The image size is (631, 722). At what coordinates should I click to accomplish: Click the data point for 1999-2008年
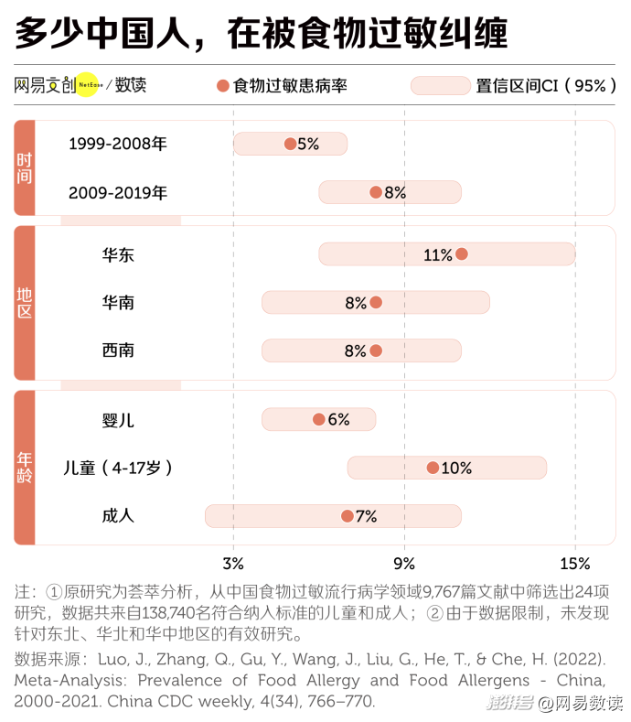(290, 144)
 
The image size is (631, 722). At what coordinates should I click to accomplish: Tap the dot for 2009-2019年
(376, 192)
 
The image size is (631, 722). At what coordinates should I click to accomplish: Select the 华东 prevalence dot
(462, 254)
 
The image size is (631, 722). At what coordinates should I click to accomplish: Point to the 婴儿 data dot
(318, 419)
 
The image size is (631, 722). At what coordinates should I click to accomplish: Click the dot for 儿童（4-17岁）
(433, 468)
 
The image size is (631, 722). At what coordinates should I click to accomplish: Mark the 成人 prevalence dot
(348, 516)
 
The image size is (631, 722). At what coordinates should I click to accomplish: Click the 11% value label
(438, 255)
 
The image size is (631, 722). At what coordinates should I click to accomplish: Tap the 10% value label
(456, 469)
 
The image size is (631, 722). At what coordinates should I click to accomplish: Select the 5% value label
(308, 144)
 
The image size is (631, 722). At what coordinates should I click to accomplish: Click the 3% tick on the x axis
(233, 563)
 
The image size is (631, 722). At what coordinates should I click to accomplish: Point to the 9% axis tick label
(404, 563)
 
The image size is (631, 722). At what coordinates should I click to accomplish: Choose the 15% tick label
(575, 563)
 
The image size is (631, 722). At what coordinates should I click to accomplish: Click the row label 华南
(118, 302)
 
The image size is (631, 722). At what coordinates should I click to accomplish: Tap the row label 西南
(118, 350)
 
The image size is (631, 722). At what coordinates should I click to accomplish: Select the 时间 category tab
(25, 168)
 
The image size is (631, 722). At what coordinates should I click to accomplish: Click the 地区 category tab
(25, 303)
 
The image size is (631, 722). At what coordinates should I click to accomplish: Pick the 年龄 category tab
(25, 468)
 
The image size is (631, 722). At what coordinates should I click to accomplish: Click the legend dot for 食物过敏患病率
(222, 86)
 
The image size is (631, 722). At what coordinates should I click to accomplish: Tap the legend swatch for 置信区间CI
(440, 86)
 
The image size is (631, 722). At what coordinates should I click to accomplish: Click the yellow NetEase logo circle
(86, 85)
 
